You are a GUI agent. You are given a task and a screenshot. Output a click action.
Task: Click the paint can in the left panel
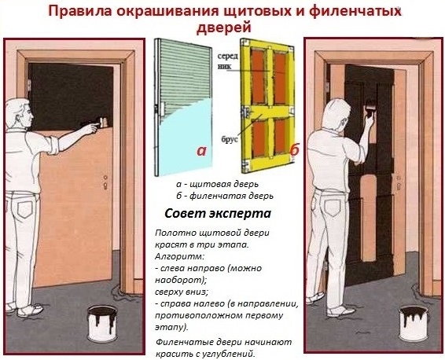point(102,323)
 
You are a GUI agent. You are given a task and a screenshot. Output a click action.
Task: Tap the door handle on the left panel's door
point(105,182)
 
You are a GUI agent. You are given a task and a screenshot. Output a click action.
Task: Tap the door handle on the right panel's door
point(399,182)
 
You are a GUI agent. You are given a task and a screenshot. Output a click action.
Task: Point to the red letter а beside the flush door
point(201,151)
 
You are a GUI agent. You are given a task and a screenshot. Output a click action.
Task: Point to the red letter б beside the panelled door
point(294,149)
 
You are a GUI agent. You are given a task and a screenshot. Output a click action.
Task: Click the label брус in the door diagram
point(230,140)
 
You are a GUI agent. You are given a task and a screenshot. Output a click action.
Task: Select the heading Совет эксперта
point(218,213)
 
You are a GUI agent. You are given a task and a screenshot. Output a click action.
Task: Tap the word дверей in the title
point(224,28)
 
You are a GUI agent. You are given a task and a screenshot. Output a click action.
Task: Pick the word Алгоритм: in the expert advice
point(179,256)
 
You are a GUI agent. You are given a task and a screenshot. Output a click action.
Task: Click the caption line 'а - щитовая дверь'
point(218,184)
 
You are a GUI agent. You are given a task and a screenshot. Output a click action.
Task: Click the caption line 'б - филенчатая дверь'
point(225,196)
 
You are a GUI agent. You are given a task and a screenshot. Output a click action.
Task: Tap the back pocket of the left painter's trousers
point(25,209)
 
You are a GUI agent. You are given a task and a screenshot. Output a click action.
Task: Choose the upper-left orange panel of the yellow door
point(258,77)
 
